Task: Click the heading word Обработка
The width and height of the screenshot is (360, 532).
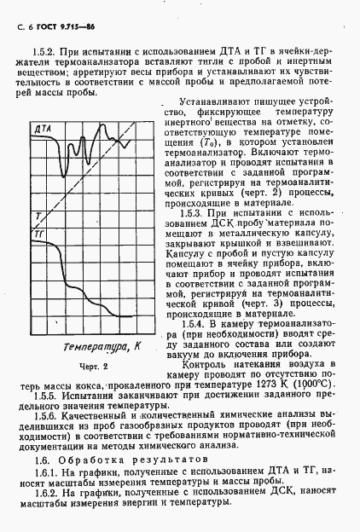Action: click(x=85, y=459)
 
